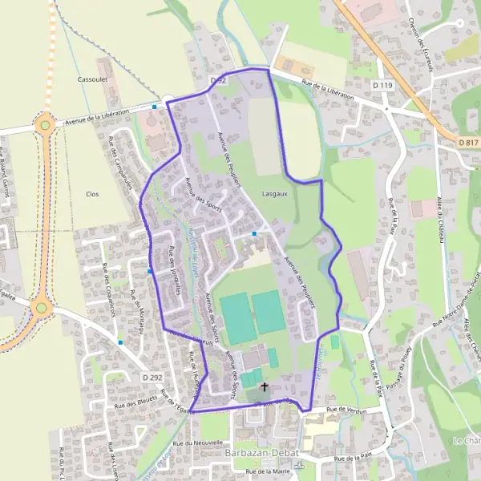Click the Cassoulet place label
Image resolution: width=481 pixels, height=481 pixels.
click(87, 79)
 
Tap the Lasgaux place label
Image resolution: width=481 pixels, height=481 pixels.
click(274, 194)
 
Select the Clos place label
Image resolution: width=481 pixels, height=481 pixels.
click(91, 194)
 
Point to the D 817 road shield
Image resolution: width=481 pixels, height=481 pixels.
click(468, 143)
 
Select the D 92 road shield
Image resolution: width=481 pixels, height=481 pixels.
click(218, 81)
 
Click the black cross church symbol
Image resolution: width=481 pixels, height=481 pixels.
click(265, 386)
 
